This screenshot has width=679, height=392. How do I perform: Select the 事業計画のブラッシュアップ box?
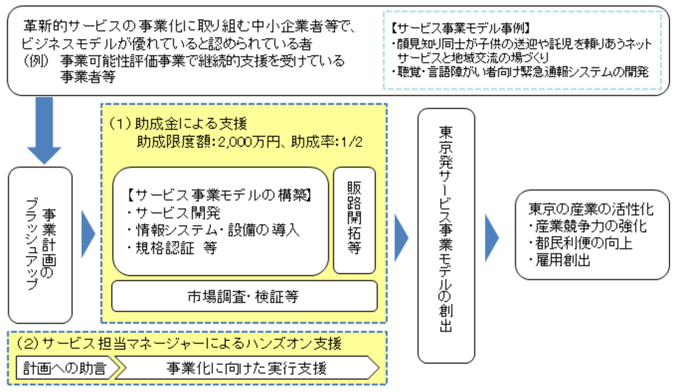[40, 245]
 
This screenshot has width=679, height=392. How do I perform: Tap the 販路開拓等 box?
[354, 220]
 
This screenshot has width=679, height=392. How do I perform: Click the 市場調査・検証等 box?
[244, 297]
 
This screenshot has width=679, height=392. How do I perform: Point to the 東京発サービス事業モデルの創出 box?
[446, 236]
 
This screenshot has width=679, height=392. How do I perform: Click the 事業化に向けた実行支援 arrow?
[247, 369]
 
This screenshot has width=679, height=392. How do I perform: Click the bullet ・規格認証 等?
[172, 248]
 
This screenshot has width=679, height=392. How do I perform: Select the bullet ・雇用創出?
[560, 260]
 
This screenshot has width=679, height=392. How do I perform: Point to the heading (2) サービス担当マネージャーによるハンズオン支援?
[179, 343]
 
